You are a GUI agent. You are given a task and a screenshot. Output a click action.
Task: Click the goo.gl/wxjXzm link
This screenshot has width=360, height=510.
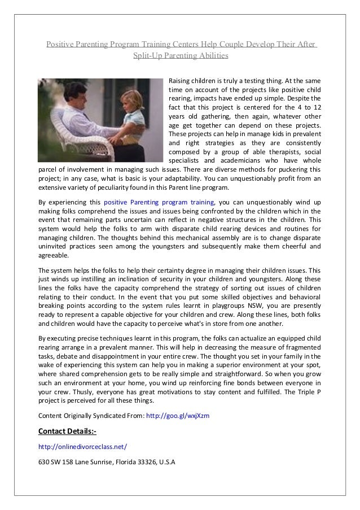coord(178,416)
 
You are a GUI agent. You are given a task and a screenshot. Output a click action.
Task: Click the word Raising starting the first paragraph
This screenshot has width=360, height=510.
coord(181,81)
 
